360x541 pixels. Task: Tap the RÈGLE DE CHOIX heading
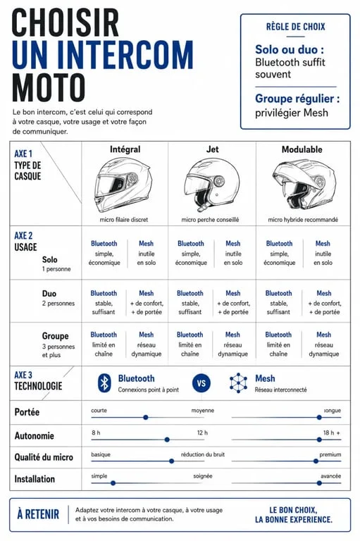[295, 27]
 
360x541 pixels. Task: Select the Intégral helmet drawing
[123, 185]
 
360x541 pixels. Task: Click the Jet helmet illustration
[212, 185]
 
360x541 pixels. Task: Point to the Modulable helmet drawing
[304, 185]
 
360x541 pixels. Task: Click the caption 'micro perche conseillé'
[210, 220]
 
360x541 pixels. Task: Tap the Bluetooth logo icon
[104, 383]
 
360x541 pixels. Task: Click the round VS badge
[201, 383]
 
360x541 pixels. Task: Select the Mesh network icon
[239, 383]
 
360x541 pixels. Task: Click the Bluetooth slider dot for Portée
[146, 418]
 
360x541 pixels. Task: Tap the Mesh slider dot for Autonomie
[319, 440]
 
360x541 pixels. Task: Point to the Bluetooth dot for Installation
[113, 483]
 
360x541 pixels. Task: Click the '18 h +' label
[332, 433]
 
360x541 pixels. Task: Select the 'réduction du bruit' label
[203, 454]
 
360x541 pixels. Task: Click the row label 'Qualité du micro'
[44, 457]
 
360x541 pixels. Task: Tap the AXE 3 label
[23, 375]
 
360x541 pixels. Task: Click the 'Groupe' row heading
[55, 336]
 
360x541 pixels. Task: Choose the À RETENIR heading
[38, 514]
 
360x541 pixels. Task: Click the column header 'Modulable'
[302, 149]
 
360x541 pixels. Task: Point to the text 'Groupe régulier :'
[297, 99]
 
